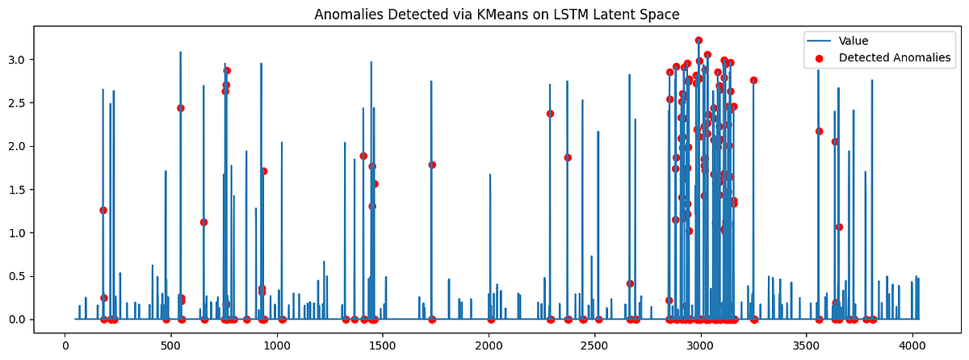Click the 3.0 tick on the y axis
(x=43, y=60)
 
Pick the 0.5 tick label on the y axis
(x=43, y=276)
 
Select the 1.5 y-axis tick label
(x=43, y=190)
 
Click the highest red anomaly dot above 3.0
(x=698, y=40)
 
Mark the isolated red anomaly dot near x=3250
(x=753, y=81)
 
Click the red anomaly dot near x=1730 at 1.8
(x=432, y=165)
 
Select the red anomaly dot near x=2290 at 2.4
(x=550, y=114)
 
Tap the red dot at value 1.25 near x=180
(x=103, y=210)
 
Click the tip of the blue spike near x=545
(x=180, y=52)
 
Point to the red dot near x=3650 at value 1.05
(x=839, y=227)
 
